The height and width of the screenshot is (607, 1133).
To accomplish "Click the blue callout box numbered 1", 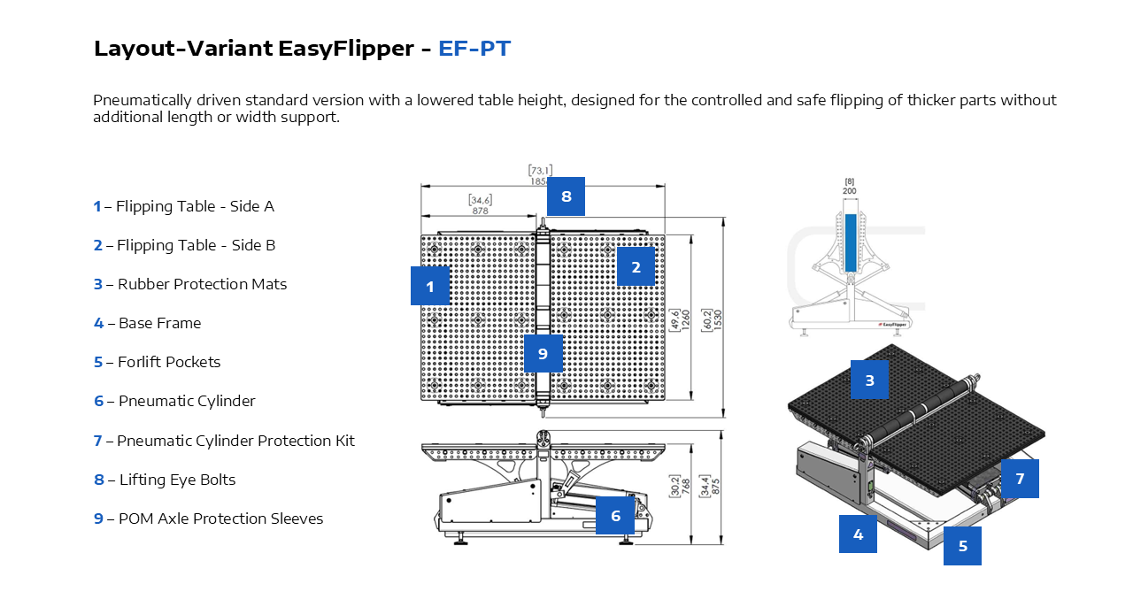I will point(429,286).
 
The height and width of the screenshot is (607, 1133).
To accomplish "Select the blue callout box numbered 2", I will point(636,266).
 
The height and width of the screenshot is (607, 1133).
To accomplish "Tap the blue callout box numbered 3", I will point(869,380).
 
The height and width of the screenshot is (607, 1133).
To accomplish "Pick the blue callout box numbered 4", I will point(858,534).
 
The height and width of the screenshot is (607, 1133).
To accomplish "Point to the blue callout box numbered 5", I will point(962,546).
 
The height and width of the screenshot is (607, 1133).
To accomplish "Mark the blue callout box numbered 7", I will point(1020,479).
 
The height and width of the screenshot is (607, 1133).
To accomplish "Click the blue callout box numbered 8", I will point(566,196).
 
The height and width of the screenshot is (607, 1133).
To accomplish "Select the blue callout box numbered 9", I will point(543,353).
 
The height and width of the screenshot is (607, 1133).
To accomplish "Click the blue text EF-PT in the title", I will point(474,49).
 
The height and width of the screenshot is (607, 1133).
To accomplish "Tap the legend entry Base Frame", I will point(159,323).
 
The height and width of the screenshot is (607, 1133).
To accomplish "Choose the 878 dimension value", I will point(480,211).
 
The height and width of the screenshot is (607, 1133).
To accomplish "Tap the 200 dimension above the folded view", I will point(850,190).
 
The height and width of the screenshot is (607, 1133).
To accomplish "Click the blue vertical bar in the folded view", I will point(850,242).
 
